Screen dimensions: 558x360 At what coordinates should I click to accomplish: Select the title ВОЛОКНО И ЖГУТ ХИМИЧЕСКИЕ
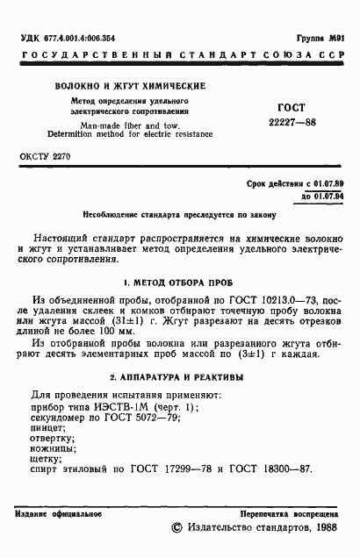click(x=131, y=87)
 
